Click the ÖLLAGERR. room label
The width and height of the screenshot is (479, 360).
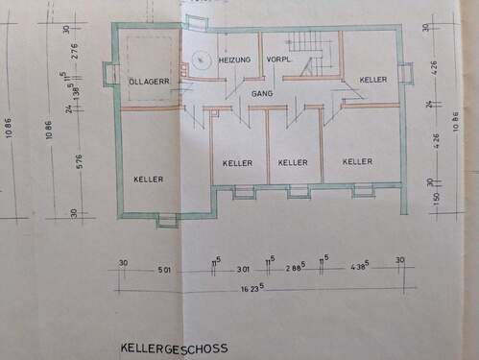pyautogui.click(x=149, y=82)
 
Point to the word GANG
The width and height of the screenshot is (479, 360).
pyautogui.click(x=262, y=94)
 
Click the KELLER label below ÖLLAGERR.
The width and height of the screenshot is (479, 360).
pyautogui.click(x=149, y=179)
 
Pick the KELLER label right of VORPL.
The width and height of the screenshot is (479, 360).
pyautogui.click(x=372, y=79)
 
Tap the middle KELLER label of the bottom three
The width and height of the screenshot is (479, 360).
pyautogui.click(x=293, y=162)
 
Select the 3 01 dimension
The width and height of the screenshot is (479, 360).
pyautogui.click(x=243, y=270)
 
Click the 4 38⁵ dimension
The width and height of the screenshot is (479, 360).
pyautogui.click(x=359, y=270)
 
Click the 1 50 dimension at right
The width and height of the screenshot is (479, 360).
pyautogui.click(x=436, y=200)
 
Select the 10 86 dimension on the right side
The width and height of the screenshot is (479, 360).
pyautogui.click(x=454, y=125)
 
